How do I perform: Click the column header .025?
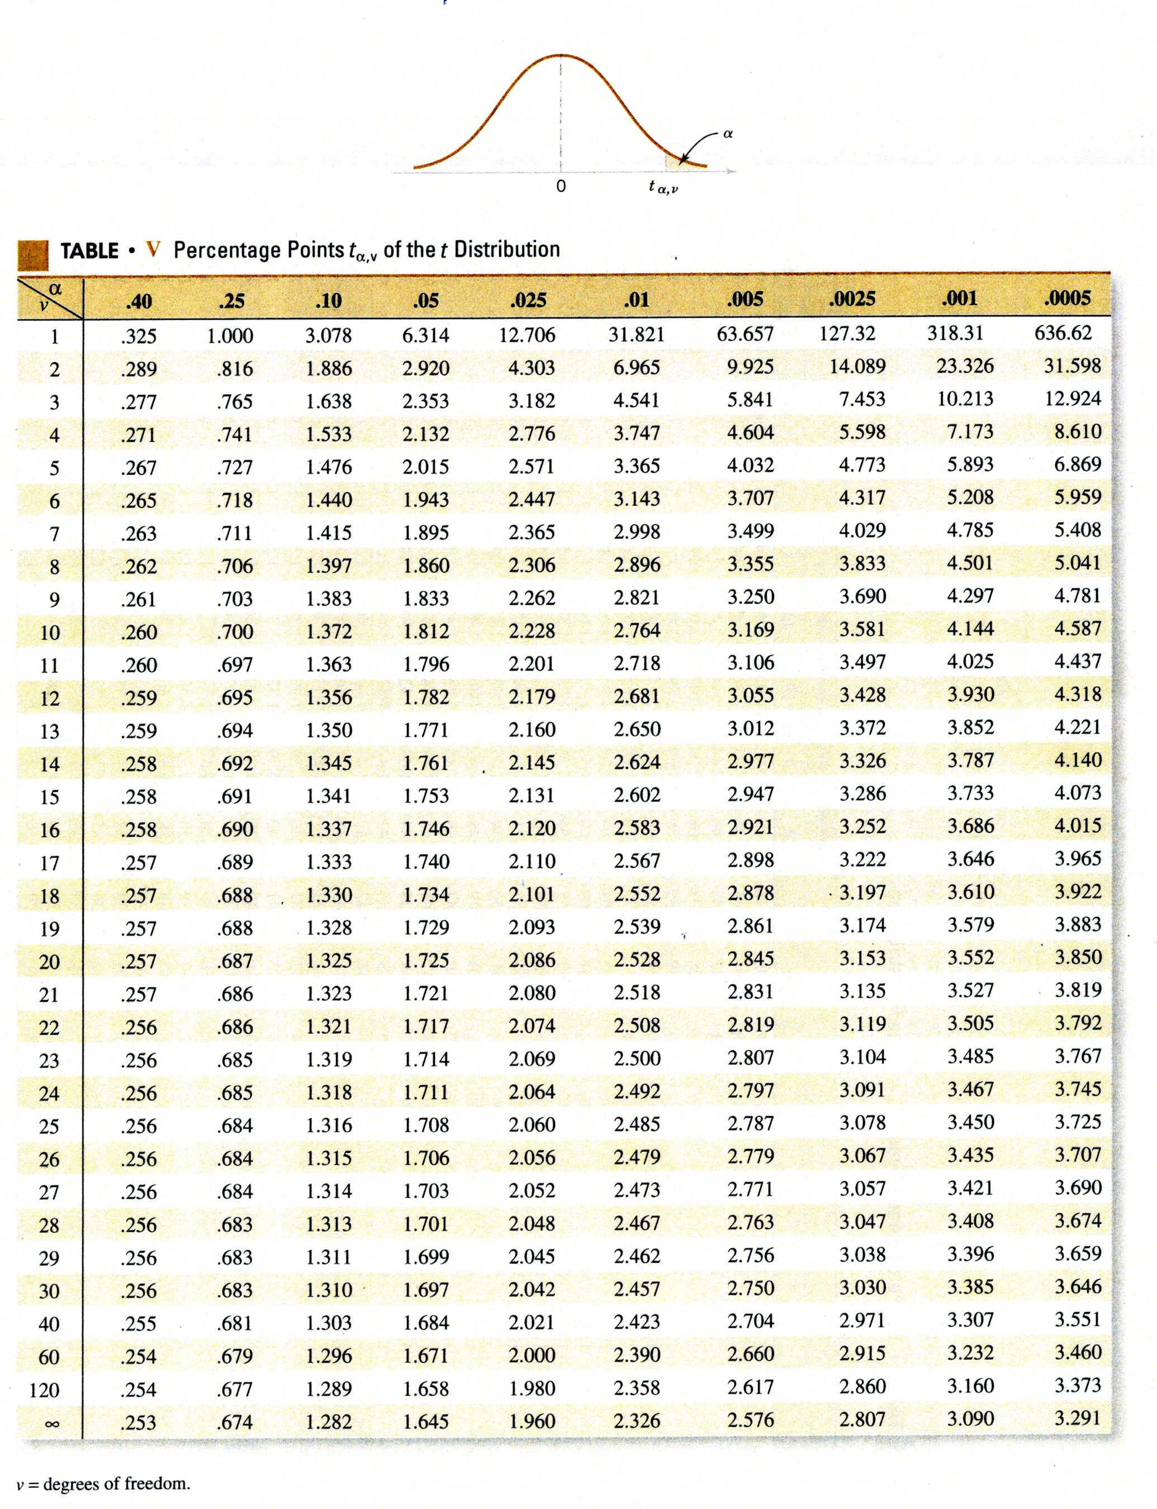(528, 300)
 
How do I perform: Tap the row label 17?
(50, 863)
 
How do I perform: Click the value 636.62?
(1063, 333)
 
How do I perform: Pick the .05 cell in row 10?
(425, 632)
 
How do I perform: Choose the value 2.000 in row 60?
(532, 1355)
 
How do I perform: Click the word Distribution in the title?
(507, 249)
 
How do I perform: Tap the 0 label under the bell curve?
(561, 186)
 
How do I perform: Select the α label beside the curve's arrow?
(728, 134)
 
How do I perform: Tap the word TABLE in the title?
(89, 251)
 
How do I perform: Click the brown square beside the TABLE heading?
(33, 254)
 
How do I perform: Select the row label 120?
(45, 1390)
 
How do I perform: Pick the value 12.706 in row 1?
(527, 335)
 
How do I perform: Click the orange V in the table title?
(153, 249)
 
